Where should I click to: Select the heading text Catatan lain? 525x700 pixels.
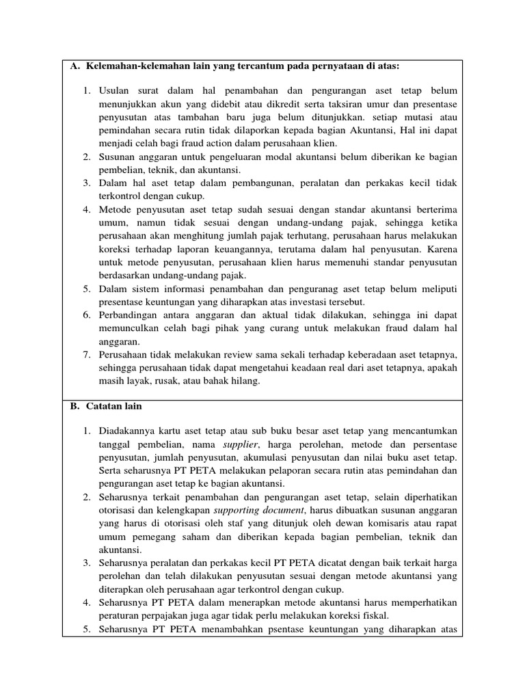tap(113, 406)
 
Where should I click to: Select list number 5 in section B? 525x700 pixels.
tap(87, 629)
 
